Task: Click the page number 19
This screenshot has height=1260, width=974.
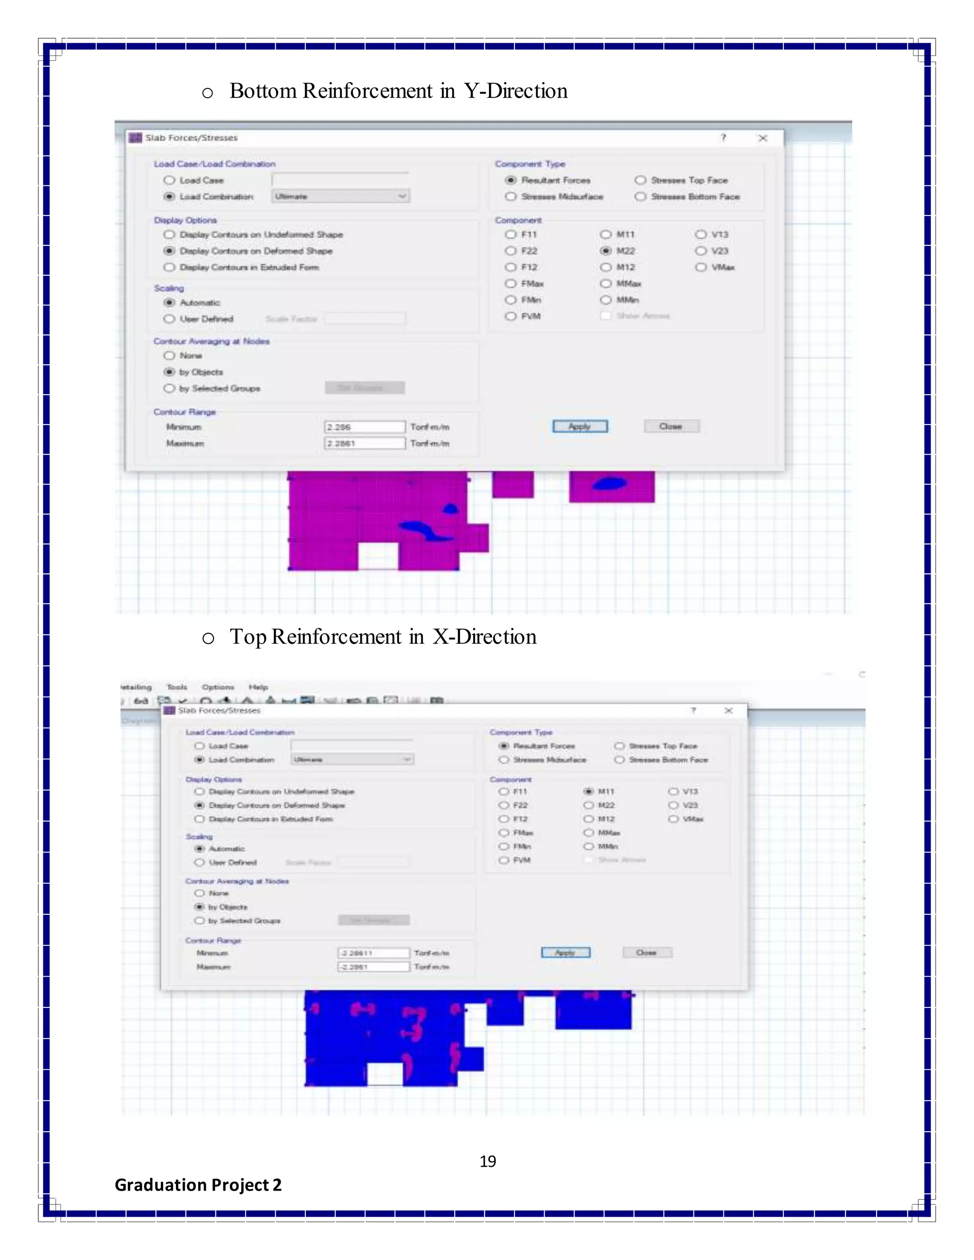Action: point(487,1161)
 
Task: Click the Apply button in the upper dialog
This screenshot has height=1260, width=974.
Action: point(579,426)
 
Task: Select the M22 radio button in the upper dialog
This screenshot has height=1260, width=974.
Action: point(606,251)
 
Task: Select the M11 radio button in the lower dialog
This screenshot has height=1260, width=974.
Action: point(589,792)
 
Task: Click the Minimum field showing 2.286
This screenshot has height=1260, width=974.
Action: point(364,427)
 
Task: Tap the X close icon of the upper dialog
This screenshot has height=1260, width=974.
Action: point(763,138)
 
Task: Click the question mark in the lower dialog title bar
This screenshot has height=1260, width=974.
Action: point(693,710)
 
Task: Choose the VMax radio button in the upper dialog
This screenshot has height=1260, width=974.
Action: point(701,267)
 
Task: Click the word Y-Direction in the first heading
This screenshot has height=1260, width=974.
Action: point(516,91)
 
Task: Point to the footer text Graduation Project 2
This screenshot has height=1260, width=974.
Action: point(198,1185)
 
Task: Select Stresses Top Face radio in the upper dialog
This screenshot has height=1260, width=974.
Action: point(641,181)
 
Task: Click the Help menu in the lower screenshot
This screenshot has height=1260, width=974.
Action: point(258,687)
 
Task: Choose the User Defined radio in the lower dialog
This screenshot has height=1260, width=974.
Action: point(200,863)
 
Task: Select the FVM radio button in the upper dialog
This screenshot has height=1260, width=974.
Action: point(511,316)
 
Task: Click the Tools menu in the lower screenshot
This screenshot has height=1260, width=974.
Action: point(176,687)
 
